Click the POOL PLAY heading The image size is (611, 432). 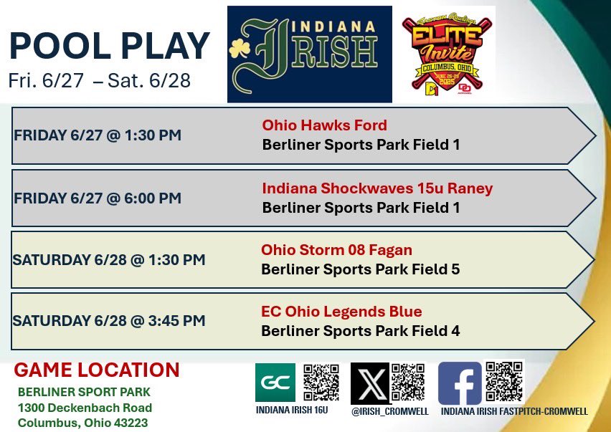(x=109, y=45)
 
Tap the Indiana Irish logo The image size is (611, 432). (x=310, y=54)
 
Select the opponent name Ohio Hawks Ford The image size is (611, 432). (x=324, y=125)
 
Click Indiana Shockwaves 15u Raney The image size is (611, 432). (x=377, y=188)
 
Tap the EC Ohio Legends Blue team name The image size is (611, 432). (x=341, y=312)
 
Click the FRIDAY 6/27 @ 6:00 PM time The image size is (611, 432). (x=97, y=198)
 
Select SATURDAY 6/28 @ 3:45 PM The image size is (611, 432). (x=108, y=321)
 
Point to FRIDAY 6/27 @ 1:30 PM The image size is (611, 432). (x=97, y=135)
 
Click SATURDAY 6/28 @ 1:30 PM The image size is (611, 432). (x=108, y=259)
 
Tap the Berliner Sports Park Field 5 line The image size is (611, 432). (x=360, y=270)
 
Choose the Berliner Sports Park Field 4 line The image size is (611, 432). (x=360, y=331)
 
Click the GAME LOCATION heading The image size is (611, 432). (x=97, y=370)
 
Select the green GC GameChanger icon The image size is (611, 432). (x=275, y=383)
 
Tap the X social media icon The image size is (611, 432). (x=370, y=383)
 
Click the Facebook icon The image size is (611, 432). (x=460, y=383)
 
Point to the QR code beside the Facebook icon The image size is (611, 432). (x=505, y=380)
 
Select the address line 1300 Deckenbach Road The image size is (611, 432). (x=85, y=408)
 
